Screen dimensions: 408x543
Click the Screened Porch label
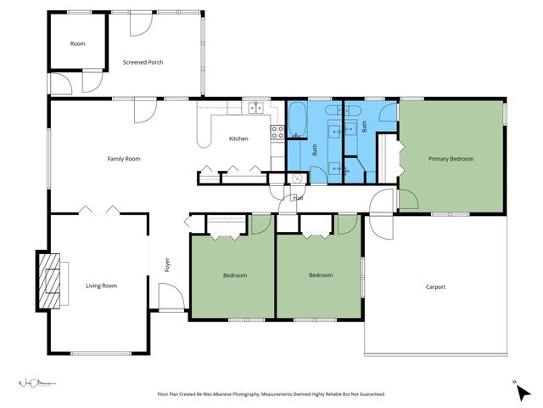(x=143, y=62)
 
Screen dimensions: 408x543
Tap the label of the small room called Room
(x=77, y=43)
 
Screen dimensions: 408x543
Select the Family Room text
(x=123, y=159)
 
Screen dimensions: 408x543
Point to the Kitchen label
(x=238, y=139)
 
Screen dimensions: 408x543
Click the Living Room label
(x=101, y=286)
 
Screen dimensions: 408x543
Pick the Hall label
(x=298, y=198)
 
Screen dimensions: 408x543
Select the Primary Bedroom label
(x=451, y=159)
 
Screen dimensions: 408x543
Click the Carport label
(x=435, y=286)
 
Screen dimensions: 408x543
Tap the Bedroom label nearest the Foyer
(x=235, y=275)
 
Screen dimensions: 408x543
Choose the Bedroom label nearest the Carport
(x=321, y=275)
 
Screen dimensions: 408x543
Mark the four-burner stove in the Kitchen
(x=277, y=132)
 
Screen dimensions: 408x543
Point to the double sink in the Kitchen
(x=255, y=108)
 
